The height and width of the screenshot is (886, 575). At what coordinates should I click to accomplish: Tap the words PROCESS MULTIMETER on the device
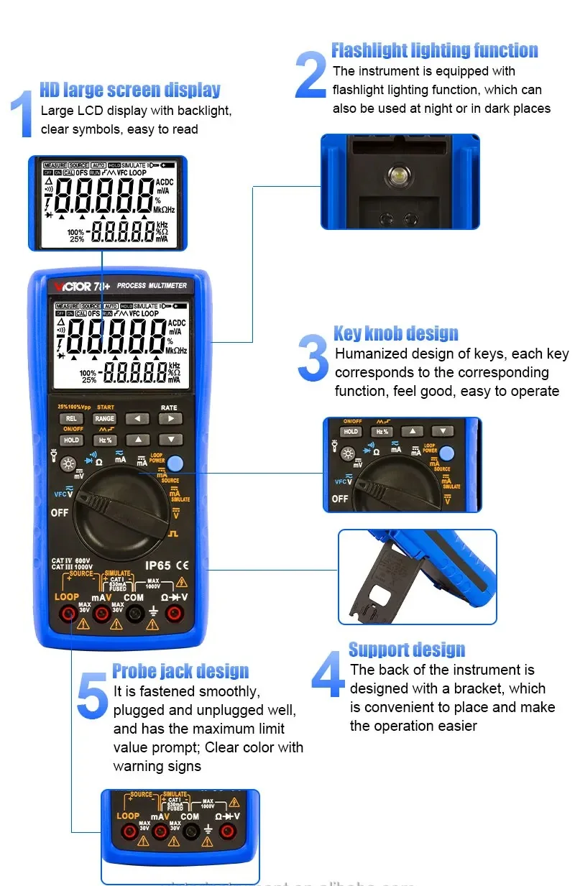[x=152, y=286]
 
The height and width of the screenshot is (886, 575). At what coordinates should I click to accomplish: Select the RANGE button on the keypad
[x=105, y=418]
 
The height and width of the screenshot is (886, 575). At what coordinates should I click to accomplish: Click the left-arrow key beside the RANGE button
[x=137, y=418]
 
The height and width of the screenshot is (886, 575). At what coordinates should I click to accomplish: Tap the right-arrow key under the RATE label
[x=170, y=418]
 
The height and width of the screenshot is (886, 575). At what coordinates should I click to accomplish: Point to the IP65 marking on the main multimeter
[x=158, y=566]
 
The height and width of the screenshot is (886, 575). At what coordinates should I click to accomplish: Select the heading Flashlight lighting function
[x=434, y=50]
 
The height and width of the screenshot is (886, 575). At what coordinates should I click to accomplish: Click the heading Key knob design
[x=395, y=333]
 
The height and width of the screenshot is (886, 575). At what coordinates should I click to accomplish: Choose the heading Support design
[x=407, y=650]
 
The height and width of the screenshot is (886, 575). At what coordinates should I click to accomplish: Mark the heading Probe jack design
[x=180, y=672]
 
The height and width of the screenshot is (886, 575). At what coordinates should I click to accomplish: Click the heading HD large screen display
[x=129, y=90]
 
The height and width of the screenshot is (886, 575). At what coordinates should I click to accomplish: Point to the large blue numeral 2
[x=311, y=75]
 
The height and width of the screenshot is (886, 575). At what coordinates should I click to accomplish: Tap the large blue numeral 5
[x=92, y=695]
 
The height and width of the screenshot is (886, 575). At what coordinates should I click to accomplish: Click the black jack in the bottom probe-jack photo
[x=190, y=831]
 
